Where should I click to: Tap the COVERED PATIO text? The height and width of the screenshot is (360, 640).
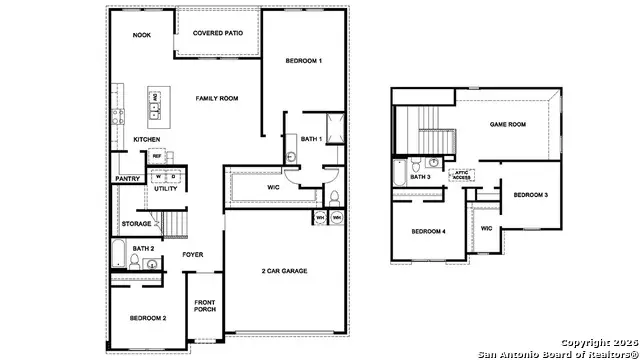pyautogui.click(x=217, y=34)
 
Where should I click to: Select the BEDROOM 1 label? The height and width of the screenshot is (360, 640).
pyautogui.click(x=303, y=62)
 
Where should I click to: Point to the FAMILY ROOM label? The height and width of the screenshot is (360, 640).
pyautogui.click(x=216, y=98)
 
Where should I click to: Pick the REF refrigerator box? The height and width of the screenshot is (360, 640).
pyautogui.click(x=157, y=156)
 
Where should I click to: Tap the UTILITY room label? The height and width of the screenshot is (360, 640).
pyautogui.click(x=165, y=188)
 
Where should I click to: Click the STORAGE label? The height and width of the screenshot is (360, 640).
pyautogui.click(x=136, y=223)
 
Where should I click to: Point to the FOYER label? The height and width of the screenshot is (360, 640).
pyautogui.click(x=192, y=255)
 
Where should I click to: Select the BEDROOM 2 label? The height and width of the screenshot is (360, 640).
pyautogui.click(x=147, y=317)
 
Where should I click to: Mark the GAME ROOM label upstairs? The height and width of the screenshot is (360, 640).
pyautogui.click(x=507, y=125)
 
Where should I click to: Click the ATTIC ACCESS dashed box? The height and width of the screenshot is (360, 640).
pyautogui.click(x=462, y=174)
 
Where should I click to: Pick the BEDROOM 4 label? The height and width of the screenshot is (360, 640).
pyautogui.click(x=430, y=232)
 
